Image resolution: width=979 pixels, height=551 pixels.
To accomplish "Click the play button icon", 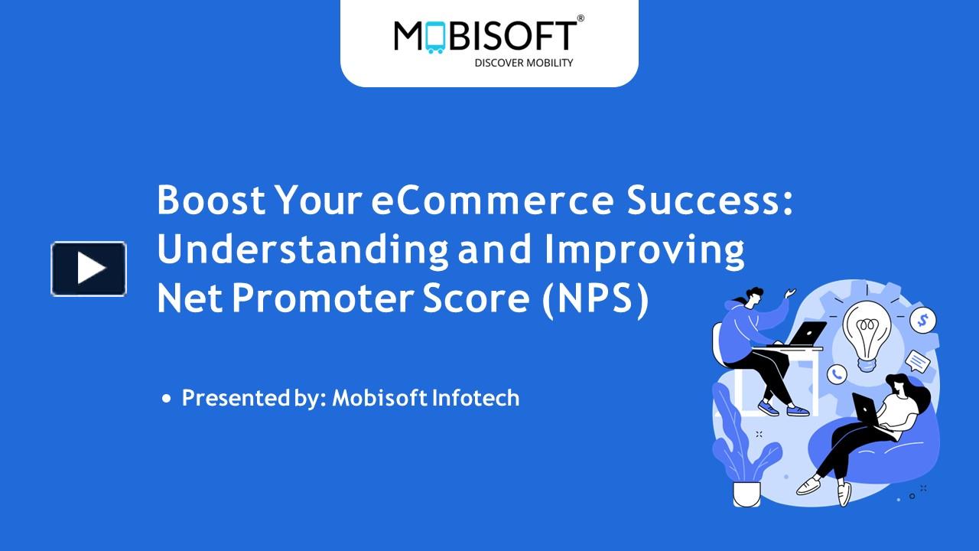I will pyautogui.click(x=89, y=269).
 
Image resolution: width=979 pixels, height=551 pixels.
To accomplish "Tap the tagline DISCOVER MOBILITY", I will pyautogui.click(x=523, y=63).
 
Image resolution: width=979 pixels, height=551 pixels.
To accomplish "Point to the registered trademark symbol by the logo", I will pyautogui.click(x=581, y=18).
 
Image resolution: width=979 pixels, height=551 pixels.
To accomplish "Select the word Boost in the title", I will pyautogui.click(x=211, y=201).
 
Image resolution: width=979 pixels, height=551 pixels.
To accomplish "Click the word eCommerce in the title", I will pyautogui.click(x=493, y=201).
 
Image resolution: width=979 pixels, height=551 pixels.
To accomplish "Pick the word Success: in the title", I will pyautogui.click(x=710, y=201).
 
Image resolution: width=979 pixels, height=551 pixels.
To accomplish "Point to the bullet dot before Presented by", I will pyautogui.click(x=167, y=399).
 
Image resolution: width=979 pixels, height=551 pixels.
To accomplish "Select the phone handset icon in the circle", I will pyautogui.click(x=837, y=373).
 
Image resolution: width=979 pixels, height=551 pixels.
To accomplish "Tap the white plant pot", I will pyautogui.click(x=746, y=494).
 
